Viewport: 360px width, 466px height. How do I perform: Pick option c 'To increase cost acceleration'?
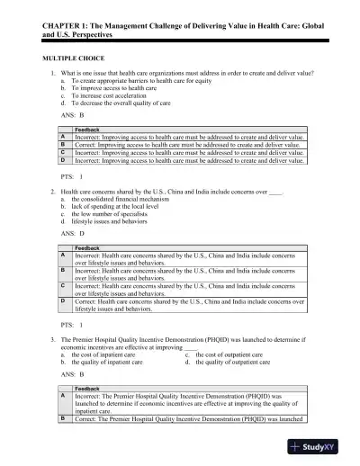[109, 98]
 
